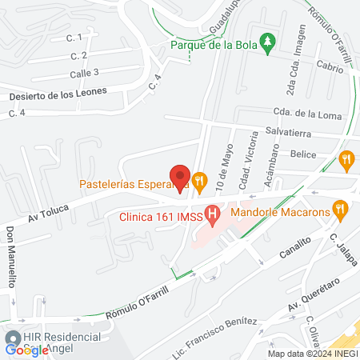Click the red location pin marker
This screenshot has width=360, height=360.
pyautogui.click(x=180, y=175)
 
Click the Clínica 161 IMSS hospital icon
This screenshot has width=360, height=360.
pyautogui.click(x=212, y=214)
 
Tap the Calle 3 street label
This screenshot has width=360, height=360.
pyautogui.click(x=84, y=73)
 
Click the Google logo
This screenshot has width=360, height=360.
pyautogui.click(x=26, y=350)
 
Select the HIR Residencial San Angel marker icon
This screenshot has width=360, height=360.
pyautogui.click(x=13, y=338)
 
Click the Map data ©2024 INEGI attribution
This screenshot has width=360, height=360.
pyautogui.click(x=312, y=354)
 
